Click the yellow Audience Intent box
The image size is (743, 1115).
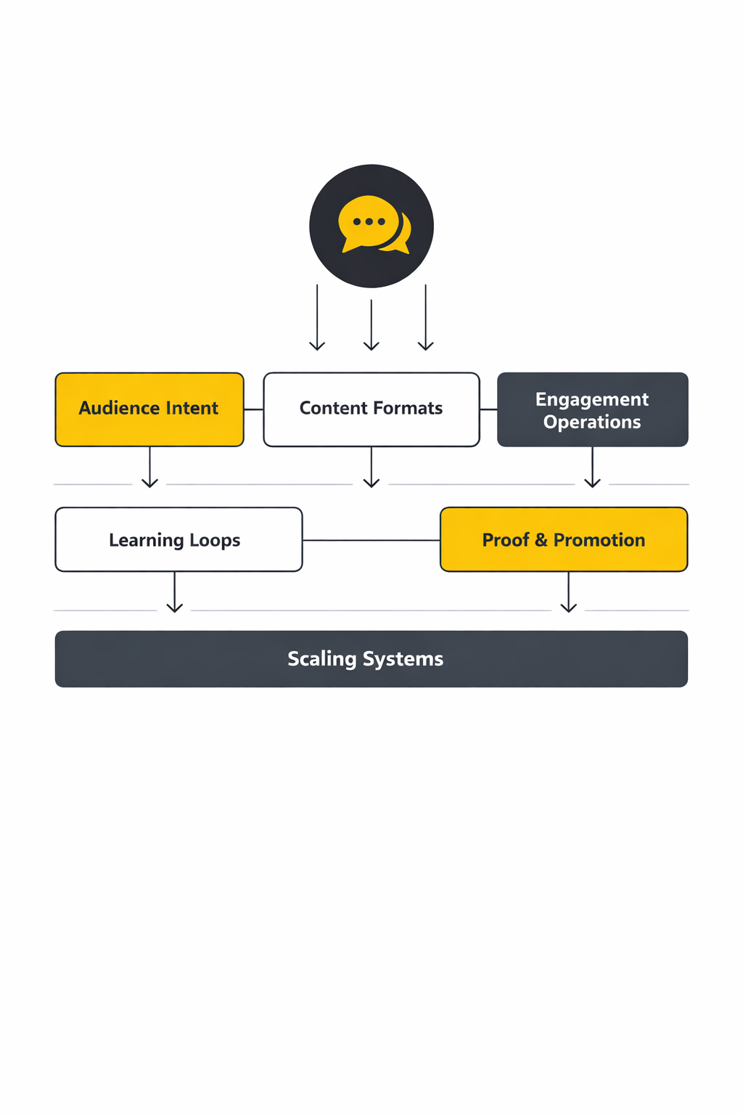tap(149, 409)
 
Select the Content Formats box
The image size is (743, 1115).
tap(371, 409)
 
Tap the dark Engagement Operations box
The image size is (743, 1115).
tap(592, 409)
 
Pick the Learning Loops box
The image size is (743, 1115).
tap(178, 539)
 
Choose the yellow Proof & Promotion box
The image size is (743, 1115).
tap(564, 539)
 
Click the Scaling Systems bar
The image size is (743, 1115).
tap(371, 658)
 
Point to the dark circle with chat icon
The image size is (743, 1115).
tap(371, 226)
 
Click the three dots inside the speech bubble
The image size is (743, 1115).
tap(369, 221)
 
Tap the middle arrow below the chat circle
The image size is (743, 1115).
tap(371, 325)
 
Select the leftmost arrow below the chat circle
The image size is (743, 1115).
tap(317, 318)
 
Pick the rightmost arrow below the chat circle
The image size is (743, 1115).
tap(426, 318)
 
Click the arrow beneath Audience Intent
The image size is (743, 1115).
tap(150, 467)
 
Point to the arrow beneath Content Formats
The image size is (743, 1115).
tap(371, 467)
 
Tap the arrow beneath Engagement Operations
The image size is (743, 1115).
tap(593, 467)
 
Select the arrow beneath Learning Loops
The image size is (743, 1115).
tap(175, 592)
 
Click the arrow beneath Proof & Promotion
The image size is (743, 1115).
tap(569, 592)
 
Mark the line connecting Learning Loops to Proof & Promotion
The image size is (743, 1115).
tap(371, 540)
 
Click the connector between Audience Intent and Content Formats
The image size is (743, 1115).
tap(254, 409)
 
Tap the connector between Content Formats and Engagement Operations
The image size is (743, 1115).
tap(488, 409)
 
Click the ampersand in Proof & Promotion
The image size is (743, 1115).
tap(541, 540)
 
